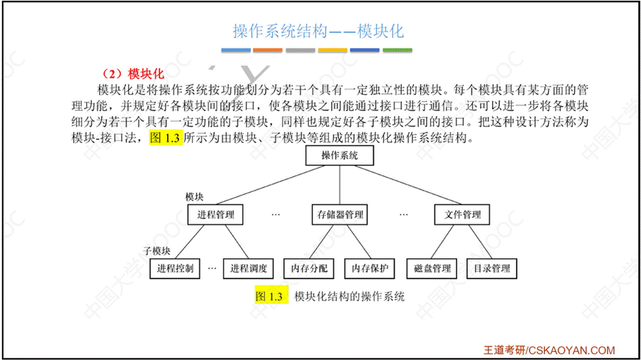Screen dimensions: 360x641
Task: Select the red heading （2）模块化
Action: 133,74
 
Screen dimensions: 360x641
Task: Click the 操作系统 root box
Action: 339,156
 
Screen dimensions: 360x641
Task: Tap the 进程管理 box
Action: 216,214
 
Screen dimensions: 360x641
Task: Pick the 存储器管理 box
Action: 339,214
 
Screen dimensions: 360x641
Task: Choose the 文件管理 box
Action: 463,214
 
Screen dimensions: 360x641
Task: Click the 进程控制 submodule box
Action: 175,268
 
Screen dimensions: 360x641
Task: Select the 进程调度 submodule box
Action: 249,268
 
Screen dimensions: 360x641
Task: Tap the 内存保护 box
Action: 370,268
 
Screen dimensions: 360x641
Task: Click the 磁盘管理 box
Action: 432,268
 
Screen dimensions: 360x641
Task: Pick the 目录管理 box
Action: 492,268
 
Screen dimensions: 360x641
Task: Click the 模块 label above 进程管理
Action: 195,196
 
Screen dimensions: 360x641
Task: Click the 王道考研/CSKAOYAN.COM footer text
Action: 549,350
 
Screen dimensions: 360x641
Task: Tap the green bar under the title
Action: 397,50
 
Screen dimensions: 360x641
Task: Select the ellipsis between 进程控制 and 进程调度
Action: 212,269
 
